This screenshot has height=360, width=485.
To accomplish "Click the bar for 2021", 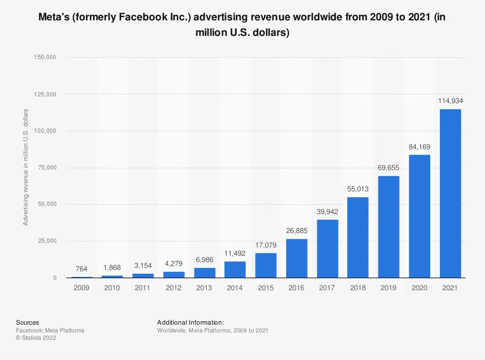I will pyautogui.click(x=450, y=194).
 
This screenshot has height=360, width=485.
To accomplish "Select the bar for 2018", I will pyautogui.click(x=358, y=237).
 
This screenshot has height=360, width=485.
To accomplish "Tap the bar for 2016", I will pyautogui.click(x=296, y=258).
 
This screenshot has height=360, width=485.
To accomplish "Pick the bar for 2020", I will pyautogui.click(x=420, y=216).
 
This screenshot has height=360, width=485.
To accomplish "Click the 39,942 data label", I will pyautogui.click(x=327, y=211).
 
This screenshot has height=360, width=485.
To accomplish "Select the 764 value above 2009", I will pyautogui.click(x=81, y=269).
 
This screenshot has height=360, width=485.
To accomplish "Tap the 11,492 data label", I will pyautogui.click(x=235, y=253).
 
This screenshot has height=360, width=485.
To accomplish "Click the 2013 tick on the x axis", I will pyautogui.click(x=204, y=288).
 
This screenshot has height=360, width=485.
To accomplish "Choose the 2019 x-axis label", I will pyautogui.click(x=388, y=288).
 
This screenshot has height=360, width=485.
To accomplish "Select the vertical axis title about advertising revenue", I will pyautogui.click(x=26, y=167).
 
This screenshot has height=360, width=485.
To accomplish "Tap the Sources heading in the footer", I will pyautogui.click(x=28, y=323).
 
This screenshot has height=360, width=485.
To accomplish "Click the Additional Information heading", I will pyautogui.click(x=190, y=323).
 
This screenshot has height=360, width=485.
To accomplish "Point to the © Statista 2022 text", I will pyautogui.click(x=36, y=338).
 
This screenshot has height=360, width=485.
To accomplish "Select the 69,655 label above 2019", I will pyautogui.click(x=388, y=168).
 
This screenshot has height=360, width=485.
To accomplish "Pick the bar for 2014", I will pyautogui.click(x=235, y=269).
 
